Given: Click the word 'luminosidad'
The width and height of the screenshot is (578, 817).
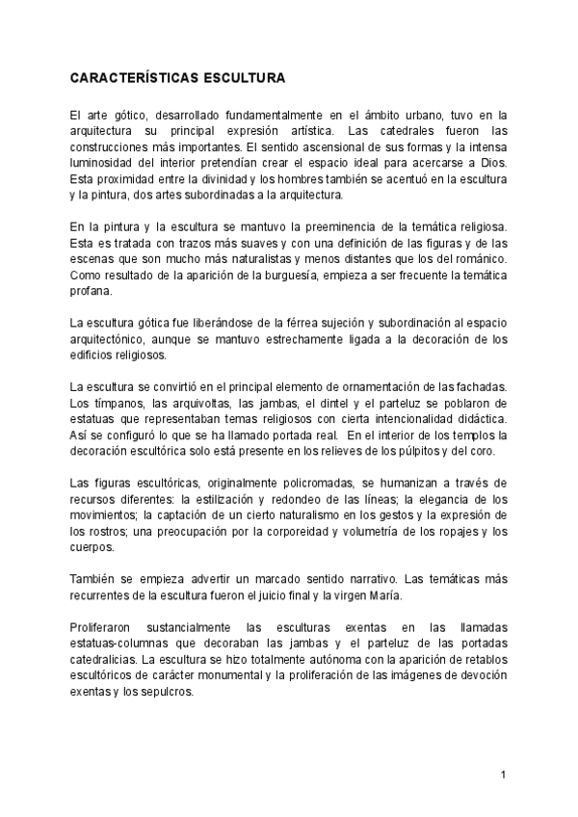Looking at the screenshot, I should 101,163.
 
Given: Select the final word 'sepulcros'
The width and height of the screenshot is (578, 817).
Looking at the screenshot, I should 168,693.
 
